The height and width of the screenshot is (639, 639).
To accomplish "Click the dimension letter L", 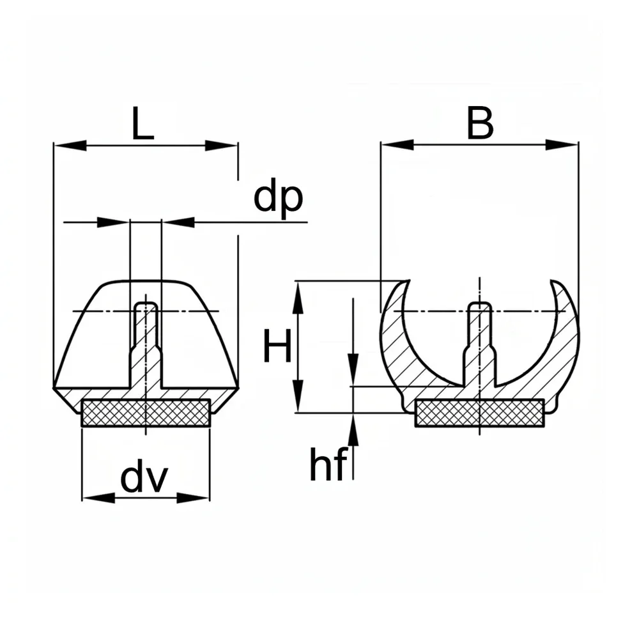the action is (142, 123).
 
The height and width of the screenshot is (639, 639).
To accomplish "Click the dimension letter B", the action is (480, 123).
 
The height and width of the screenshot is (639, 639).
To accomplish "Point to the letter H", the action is (277, 346).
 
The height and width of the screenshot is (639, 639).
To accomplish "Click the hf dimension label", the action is (328, 464).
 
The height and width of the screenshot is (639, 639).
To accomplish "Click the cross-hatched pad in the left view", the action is (146, 413).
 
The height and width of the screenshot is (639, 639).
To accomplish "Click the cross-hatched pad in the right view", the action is (479, 413).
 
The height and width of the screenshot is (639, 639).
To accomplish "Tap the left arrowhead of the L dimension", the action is (70, 145).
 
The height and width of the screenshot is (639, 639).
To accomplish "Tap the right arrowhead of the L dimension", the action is (221, 145).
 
